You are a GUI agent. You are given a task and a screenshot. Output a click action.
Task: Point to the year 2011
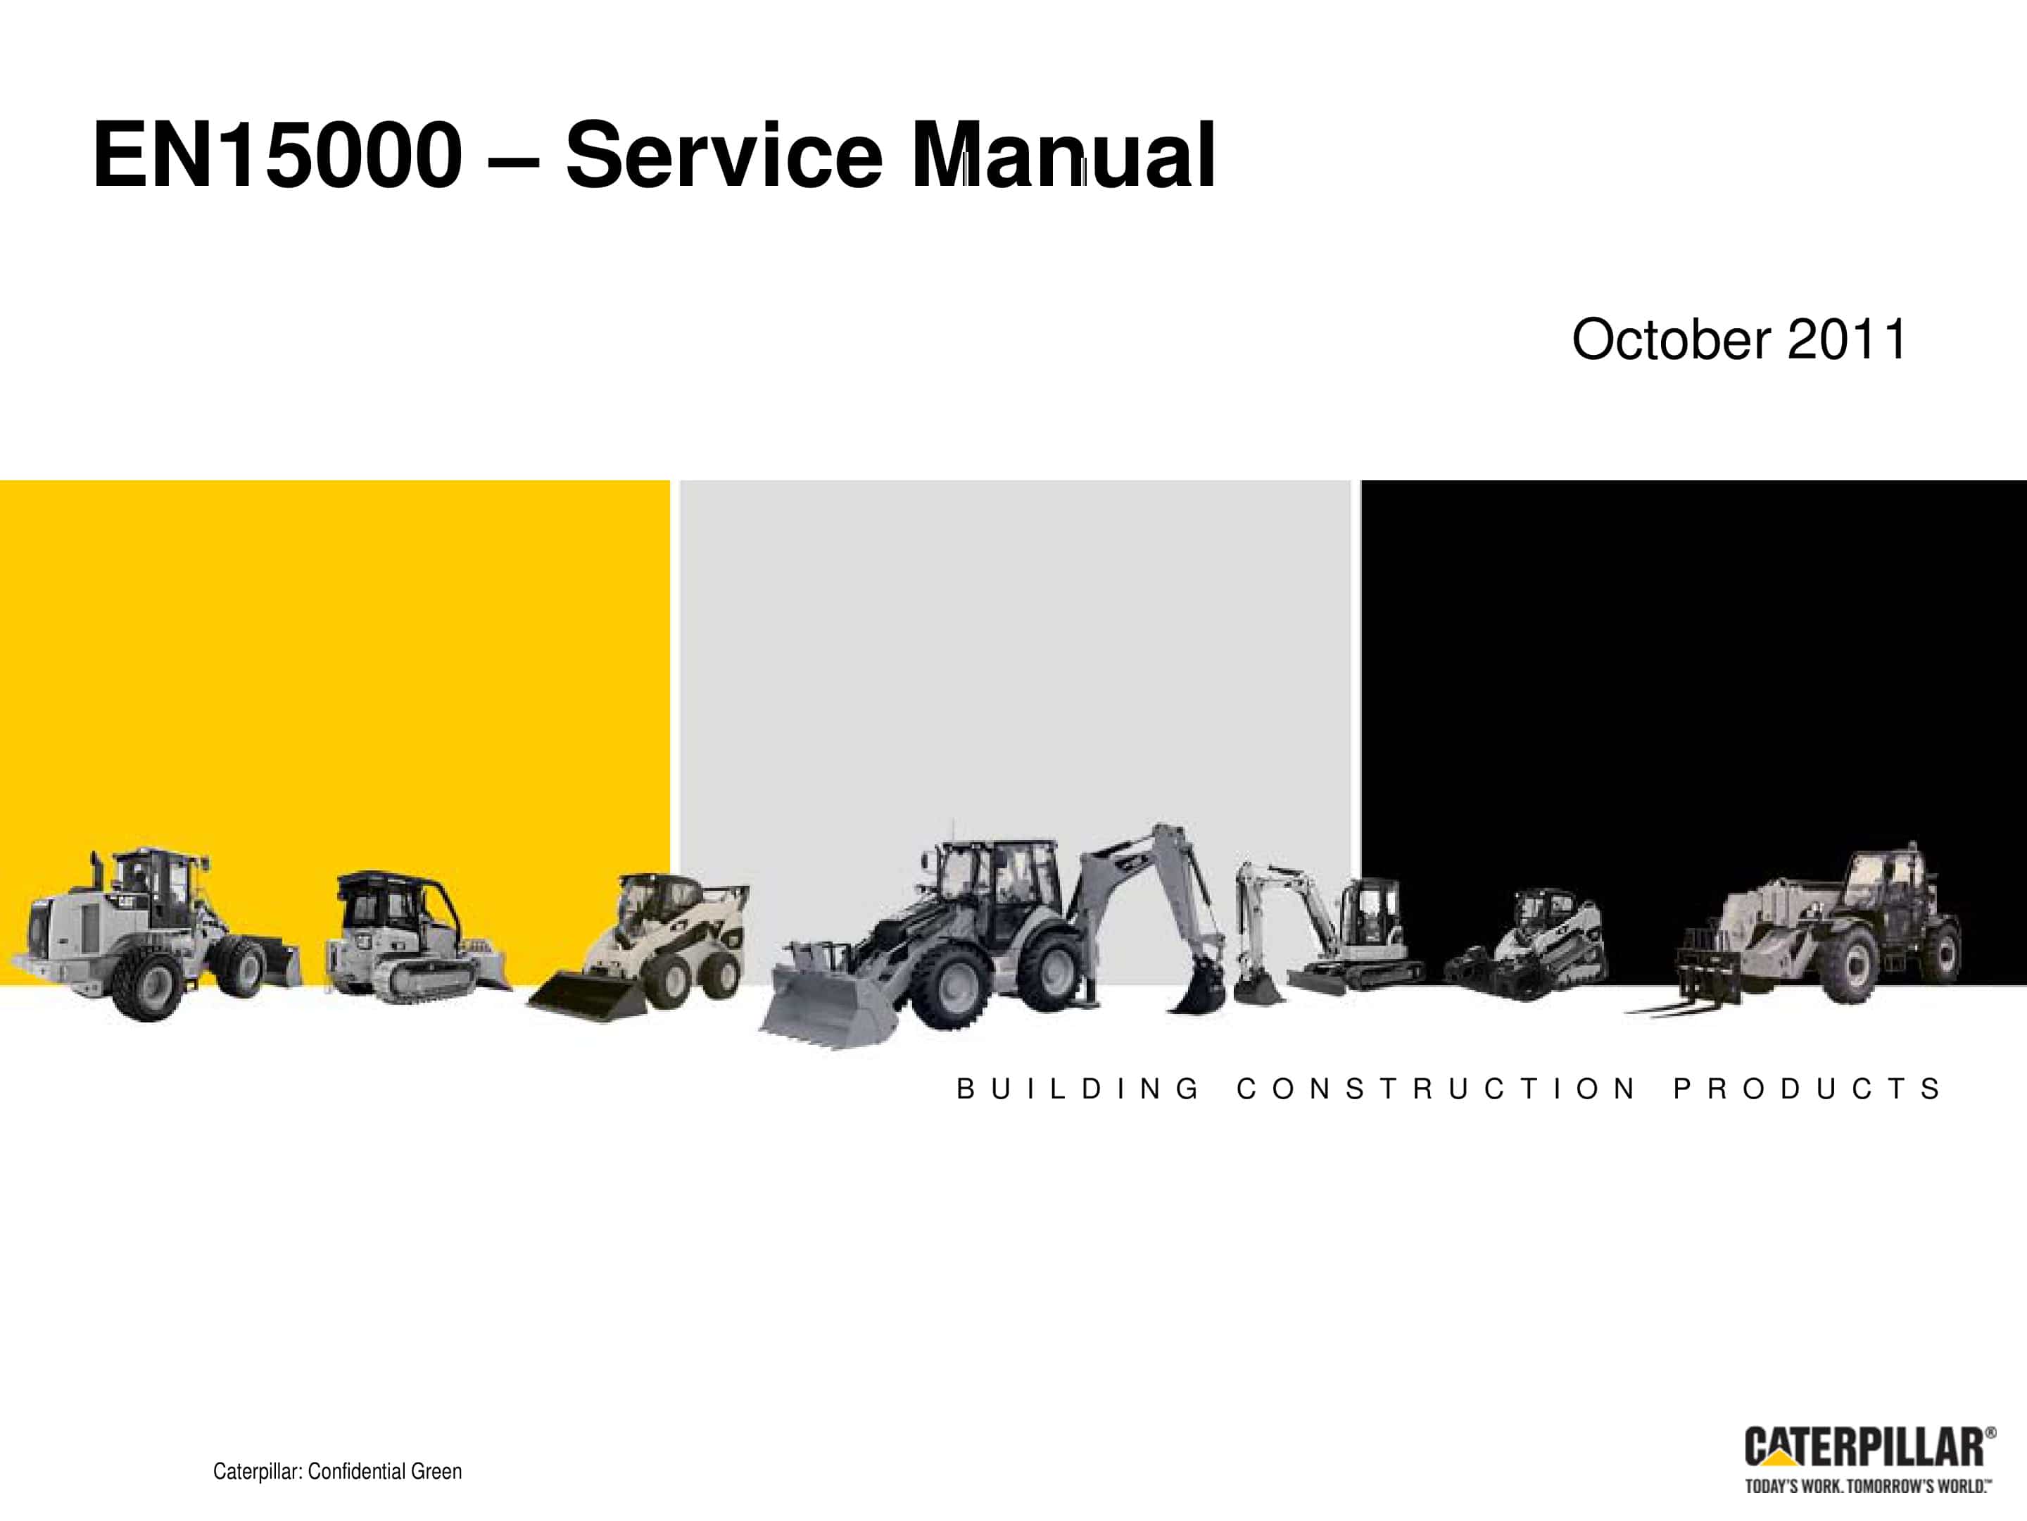click(x=1847, y=339)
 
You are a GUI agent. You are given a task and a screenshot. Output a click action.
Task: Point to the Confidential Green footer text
click(x=337, y=1472)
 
